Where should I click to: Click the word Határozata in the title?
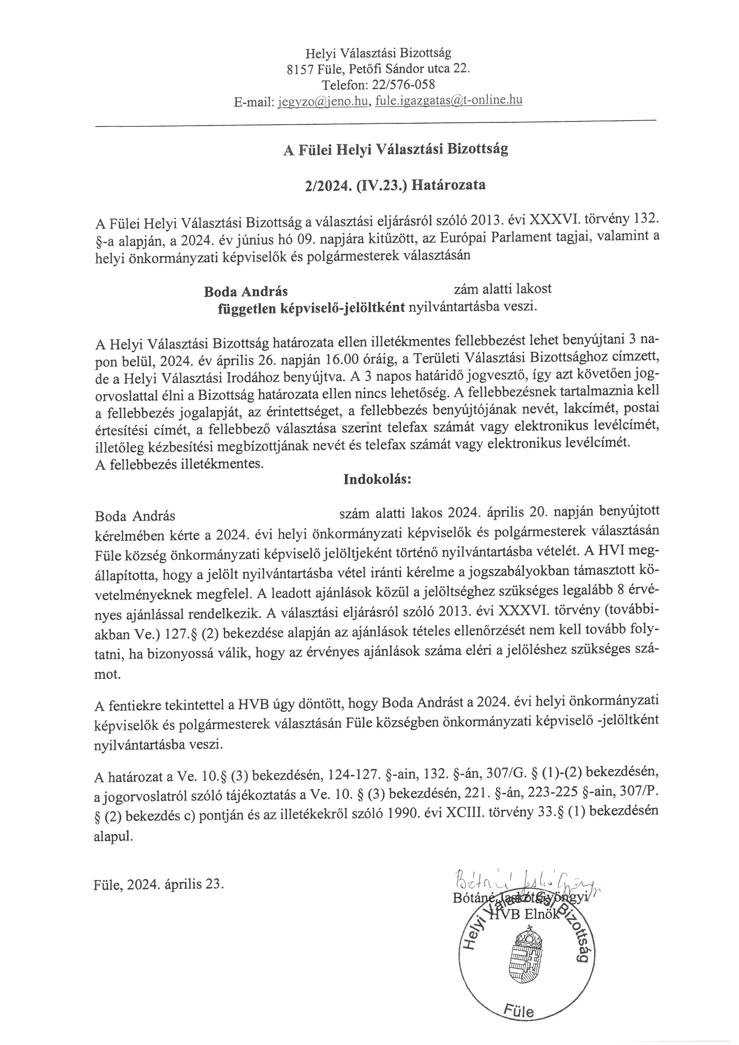(448, 185)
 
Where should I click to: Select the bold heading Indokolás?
(377, 479)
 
